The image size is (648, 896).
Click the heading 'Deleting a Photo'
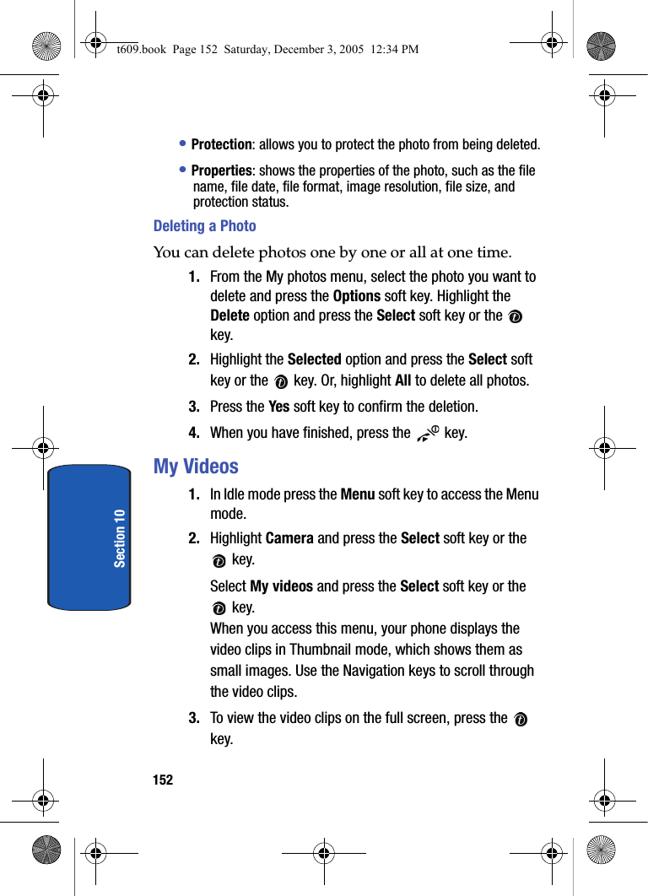point(204,226)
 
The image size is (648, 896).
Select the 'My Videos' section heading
point(196,467)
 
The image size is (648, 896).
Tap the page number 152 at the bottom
point(163,780)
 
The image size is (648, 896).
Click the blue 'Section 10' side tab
point(89,537)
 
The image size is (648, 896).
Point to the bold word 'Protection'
point(221,145)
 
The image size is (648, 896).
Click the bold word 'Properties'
point(221,170)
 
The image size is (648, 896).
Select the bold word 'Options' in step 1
point(356,296)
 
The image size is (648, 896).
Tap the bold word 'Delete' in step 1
point(229,316)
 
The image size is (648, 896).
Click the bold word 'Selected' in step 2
point(314,359)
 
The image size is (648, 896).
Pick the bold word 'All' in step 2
point(402,381)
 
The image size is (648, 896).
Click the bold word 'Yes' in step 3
point(278,407)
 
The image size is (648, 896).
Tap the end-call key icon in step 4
point(428,434)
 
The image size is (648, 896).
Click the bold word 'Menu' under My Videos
point(357,494)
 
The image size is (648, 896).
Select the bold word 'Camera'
point(289,538)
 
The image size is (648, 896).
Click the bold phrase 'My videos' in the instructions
point(282,586)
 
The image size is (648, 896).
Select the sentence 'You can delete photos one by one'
point(332,252)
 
